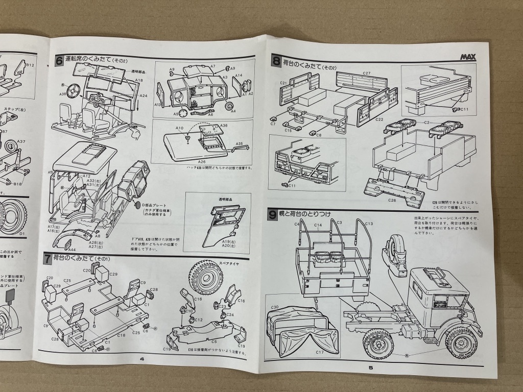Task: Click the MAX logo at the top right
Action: (468, 57)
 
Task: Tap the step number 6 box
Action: (59, 61)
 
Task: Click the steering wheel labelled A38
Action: (76, 91)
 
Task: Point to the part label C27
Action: (366, 73)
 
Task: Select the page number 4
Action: (142, 359)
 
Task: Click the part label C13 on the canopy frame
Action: (369, 224)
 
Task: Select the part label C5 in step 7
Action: (215, 341)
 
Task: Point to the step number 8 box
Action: (276, 62)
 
